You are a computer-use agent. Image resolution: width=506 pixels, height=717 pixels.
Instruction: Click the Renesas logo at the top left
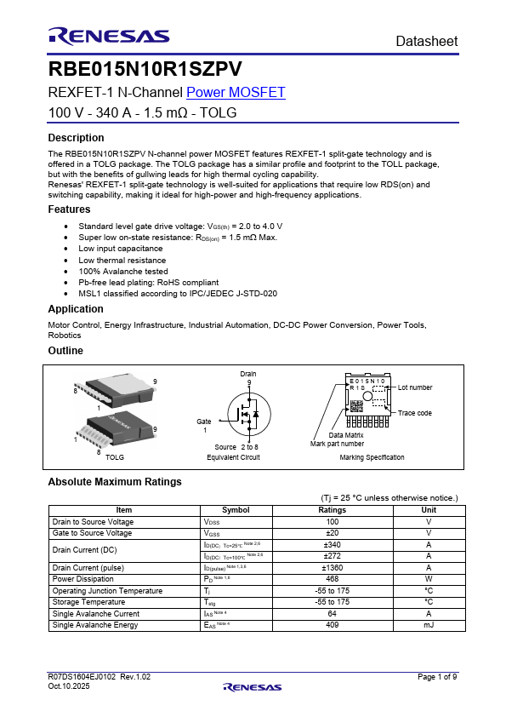(x=109, y=36)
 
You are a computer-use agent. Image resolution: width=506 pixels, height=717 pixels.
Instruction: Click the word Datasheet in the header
(x=426, y=41)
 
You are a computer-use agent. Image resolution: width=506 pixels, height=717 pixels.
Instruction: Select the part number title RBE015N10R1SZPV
(x=145, y=69)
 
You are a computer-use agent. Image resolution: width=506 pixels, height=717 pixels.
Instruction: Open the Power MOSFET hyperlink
(x=236, y=93)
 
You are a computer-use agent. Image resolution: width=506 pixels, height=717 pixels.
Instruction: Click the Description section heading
(x=76, y=138)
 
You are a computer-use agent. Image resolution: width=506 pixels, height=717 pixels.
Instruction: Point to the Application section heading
(x=76, y=309)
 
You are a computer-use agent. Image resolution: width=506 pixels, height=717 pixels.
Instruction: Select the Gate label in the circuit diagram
(x=204, y=422)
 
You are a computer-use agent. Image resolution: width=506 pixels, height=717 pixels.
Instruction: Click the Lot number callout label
(x=415, y=387)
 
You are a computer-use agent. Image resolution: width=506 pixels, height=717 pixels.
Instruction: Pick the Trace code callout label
(x=415, y=413)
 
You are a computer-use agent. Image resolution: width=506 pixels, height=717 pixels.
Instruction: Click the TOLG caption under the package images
(x=114, y=457)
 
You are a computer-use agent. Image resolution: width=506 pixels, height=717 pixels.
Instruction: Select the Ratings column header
(x=332, y=510)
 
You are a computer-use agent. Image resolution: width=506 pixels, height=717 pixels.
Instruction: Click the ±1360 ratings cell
(x=332, y=567)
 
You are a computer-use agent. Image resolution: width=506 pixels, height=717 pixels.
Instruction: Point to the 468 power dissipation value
(x=332, y=579)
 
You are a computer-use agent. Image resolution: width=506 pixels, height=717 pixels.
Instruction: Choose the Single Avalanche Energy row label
(x=94, y=625)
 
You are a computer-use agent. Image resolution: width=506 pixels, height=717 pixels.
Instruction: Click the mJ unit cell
(x=429, y=625)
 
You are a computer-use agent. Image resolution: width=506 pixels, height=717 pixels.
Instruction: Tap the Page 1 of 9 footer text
(x=437, y=676)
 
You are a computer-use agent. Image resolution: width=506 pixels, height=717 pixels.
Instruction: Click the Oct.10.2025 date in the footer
(x=68, y=685)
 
